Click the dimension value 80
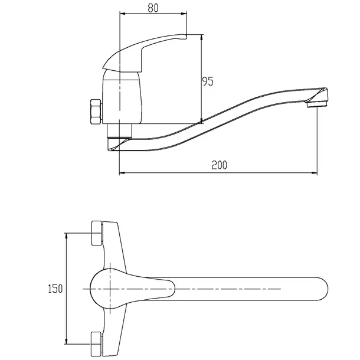coord(153,8)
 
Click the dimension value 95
coord(208,81)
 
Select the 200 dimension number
coord(220,165)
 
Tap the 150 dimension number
coord(55,289)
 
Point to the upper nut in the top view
coord(97,233)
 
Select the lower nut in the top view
coord(96,344)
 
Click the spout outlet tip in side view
coord(317,104)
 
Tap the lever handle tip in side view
coord(185,36)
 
